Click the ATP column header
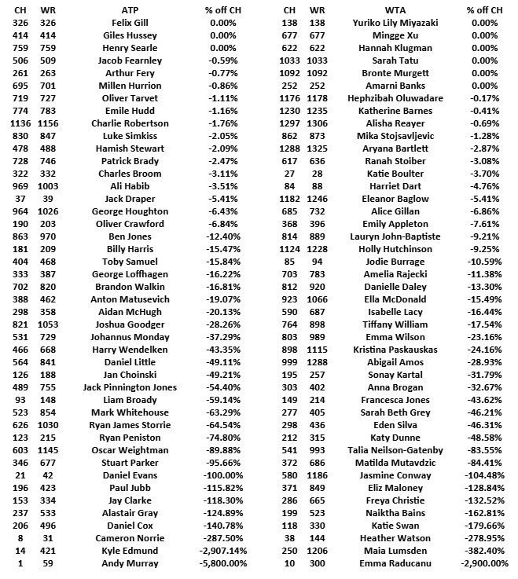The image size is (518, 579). (x=130, y=10)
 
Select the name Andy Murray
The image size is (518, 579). (x=130, y=563)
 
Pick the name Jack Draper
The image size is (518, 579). (x=130, y=199)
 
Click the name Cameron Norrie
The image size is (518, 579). (x=130, y=538)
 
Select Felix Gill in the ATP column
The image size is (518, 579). (x=130, y=23)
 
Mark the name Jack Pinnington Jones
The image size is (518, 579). (x=130, y=387)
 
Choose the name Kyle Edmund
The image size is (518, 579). (x=130, y=551)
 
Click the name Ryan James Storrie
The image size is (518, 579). (x=130, y=425)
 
